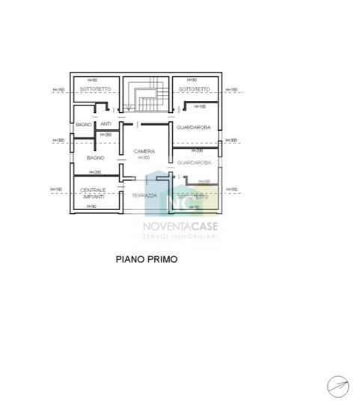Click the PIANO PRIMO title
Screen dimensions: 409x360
146,260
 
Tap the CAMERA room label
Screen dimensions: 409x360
144,152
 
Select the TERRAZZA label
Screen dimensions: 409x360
144,196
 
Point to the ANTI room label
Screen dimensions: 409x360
106,124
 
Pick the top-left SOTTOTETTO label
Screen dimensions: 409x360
95,90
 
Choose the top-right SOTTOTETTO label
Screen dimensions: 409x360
194,90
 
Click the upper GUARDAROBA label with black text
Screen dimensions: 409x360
194,128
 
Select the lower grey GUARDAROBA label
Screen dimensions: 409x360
194,162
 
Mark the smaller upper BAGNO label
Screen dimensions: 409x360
83,124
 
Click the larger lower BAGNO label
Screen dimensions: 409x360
95,159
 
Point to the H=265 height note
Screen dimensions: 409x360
106,135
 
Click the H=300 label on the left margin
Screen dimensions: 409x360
58,141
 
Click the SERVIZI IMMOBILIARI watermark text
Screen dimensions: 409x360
180,237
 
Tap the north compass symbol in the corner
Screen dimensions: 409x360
338,385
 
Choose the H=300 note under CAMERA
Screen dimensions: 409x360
144,158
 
